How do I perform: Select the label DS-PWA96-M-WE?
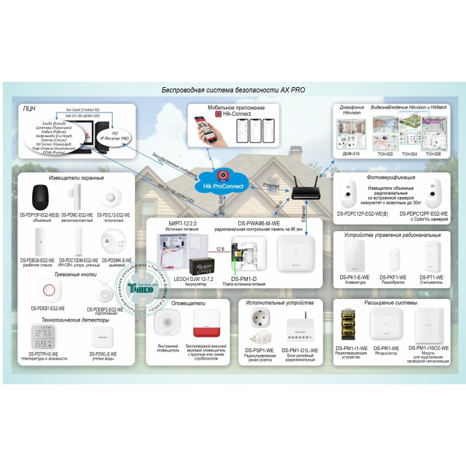(256, 223)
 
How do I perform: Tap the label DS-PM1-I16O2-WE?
(429, 348)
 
